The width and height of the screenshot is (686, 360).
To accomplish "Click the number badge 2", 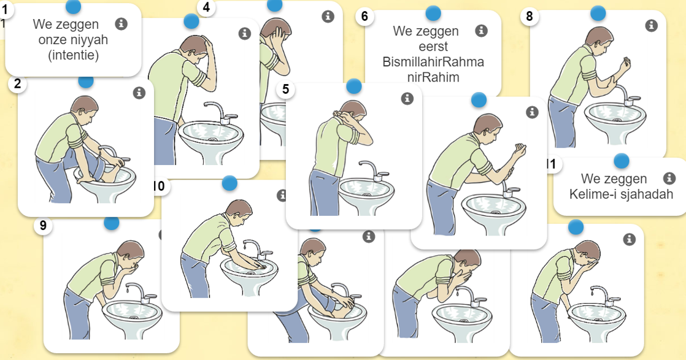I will [x=18, y=85].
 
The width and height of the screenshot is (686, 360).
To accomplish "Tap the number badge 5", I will [x=285, y=89].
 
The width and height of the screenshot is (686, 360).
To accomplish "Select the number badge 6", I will [x=364, y=16].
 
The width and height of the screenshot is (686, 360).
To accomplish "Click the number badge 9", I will [x=43, y=226].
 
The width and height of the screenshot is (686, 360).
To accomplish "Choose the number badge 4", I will [x=206, y=8].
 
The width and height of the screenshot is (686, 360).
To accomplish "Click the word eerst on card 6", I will [x=433, y=47].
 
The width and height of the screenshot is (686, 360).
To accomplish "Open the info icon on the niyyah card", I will [x=121, y=24].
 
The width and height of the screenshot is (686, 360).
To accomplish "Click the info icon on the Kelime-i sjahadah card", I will [x=669, y=178].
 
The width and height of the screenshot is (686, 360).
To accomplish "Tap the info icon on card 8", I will [x=652, y=25].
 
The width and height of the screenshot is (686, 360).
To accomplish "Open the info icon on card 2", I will [x=139, y=93].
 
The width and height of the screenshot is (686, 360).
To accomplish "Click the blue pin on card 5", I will [x=354, y=86].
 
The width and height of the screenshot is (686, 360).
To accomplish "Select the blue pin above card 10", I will [x=229, y=183].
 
